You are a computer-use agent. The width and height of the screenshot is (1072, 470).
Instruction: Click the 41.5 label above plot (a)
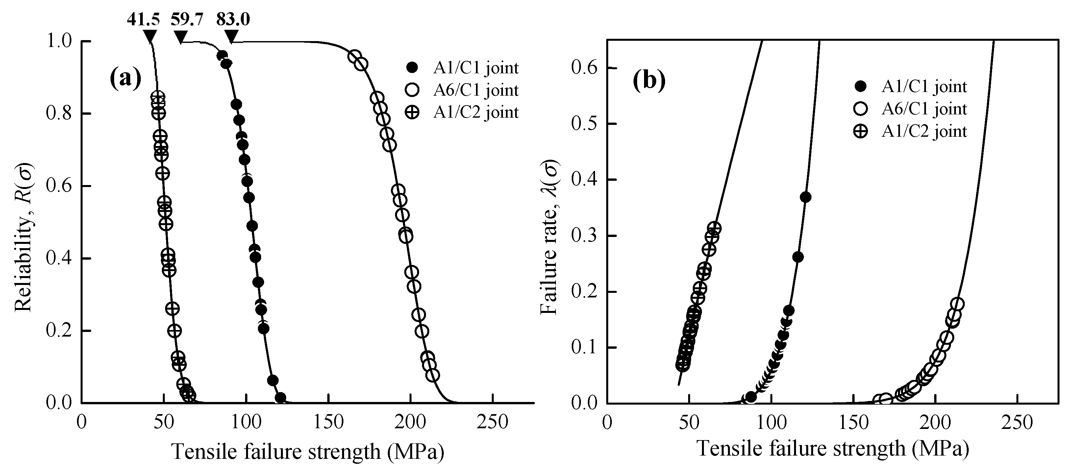coord(143,19)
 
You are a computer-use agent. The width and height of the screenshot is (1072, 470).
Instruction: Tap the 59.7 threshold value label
coord(187,19)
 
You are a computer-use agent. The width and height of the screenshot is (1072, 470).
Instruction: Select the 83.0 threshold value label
coord(233,19)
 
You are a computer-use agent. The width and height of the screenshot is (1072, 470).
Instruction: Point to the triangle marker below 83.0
coord(232,36)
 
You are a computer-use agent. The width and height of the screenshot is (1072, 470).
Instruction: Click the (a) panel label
coord(126,78)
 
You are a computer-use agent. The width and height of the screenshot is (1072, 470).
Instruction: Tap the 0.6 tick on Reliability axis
coord(59,186)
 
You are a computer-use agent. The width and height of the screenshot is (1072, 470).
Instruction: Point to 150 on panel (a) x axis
coord(328,422)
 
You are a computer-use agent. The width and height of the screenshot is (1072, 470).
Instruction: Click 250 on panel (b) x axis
coord(1017,422)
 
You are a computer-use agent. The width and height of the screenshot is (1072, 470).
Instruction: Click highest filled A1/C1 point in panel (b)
coord(805,197)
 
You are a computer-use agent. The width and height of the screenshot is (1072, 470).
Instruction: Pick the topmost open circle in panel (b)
coord(957,304)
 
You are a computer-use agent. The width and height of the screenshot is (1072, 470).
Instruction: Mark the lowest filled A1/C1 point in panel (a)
coord(281,398)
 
